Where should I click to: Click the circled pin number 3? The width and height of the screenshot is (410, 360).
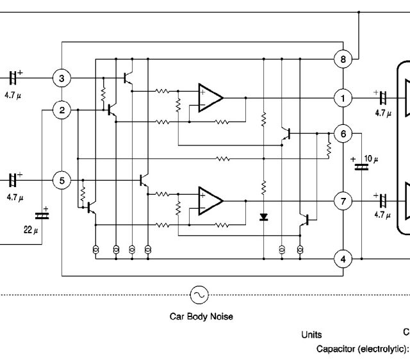(61, 79)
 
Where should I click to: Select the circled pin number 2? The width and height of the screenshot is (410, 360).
(61, 110)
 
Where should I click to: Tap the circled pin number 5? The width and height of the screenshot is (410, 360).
(61, 181)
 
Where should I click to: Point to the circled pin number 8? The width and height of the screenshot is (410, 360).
(343, 60)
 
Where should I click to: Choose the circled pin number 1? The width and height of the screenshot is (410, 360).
(343, 98)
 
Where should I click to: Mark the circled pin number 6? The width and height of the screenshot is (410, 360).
(343, 133)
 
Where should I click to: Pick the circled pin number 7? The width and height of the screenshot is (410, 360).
(343, 202)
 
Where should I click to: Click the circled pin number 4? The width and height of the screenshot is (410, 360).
(343, 259)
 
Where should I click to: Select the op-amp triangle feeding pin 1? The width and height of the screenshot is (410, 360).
(209, 97)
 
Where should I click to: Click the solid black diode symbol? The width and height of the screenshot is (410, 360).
(263, 217)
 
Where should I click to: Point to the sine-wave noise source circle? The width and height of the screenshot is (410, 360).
(199, 294)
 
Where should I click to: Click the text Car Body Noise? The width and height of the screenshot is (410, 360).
(201, 316)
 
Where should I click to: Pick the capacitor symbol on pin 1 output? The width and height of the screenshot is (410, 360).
(382, 98)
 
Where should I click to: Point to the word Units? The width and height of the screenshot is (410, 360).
(311, 334)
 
